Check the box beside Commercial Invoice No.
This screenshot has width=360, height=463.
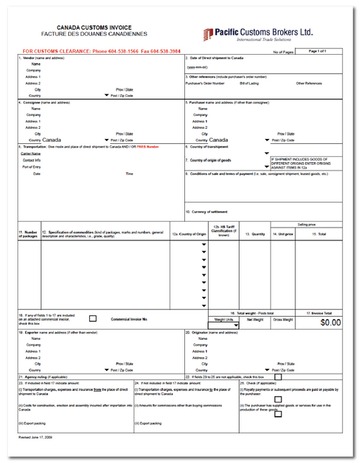[92, 318]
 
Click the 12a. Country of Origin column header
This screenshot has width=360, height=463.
[189, 234]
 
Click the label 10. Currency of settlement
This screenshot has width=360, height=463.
[209, 212]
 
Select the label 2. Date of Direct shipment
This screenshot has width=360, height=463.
[219, 58]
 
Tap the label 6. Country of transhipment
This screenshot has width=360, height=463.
[209, 146]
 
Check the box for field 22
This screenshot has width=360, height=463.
[277, 376]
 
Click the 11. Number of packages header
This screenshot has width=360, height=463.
[28, 233]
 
